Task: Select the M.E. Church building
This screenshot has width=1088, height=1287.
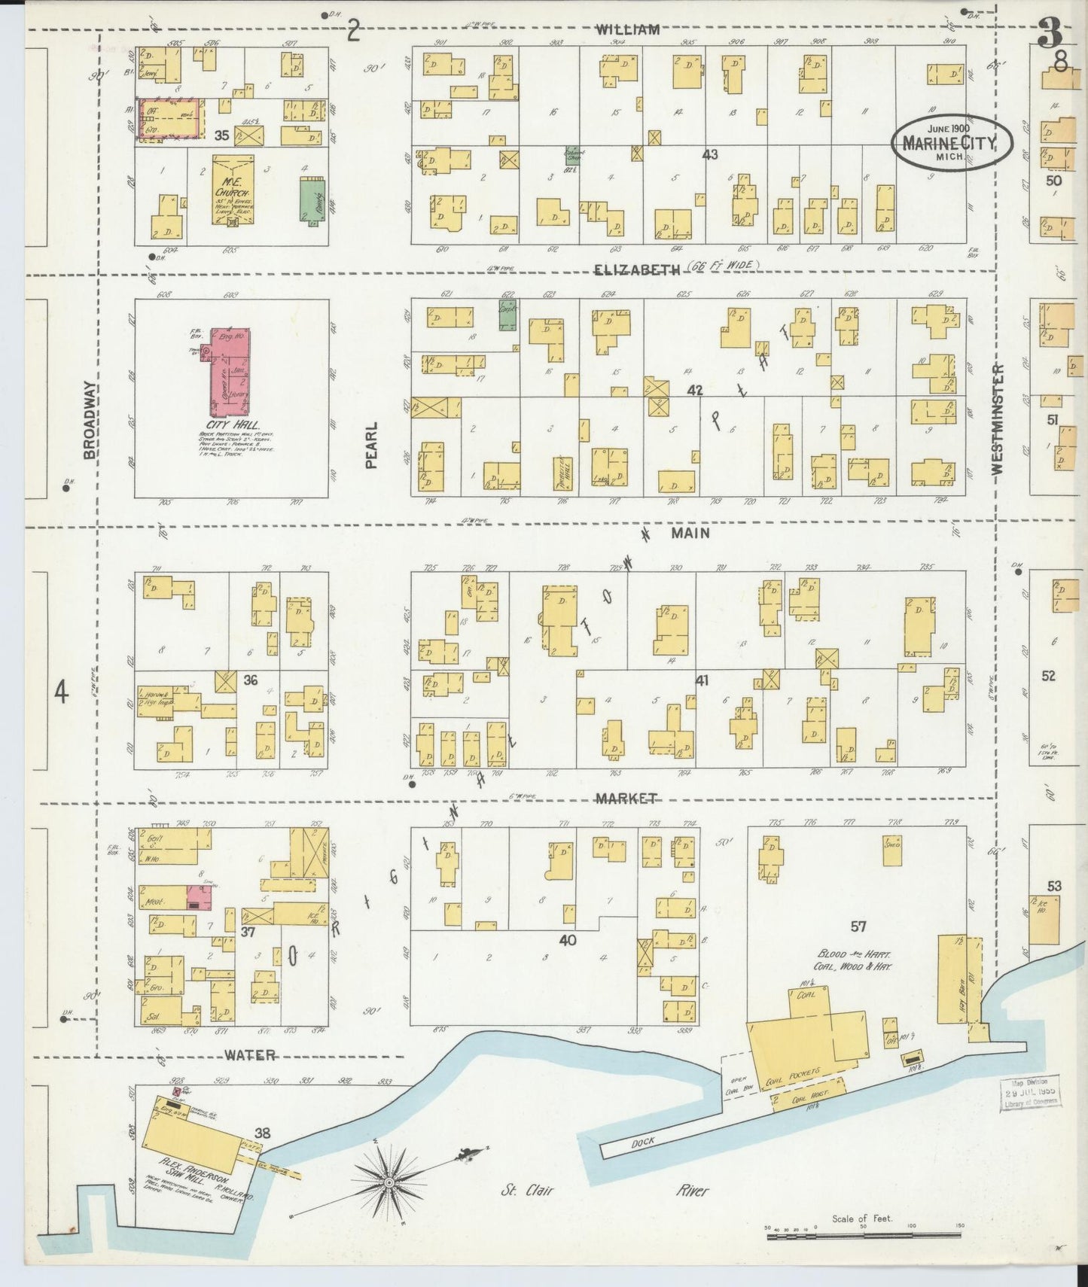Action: tap(233, 190)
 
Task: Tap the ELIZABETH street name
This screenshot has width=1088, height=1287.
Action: tap(636, 268)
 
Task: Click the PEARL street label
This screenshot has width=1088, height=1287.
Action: tap(370, 445)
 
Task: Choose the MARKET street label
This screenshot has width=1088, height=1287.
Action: tap(626, 799)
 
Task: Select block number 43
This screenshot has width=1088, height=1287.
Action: tap(709, 154)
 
